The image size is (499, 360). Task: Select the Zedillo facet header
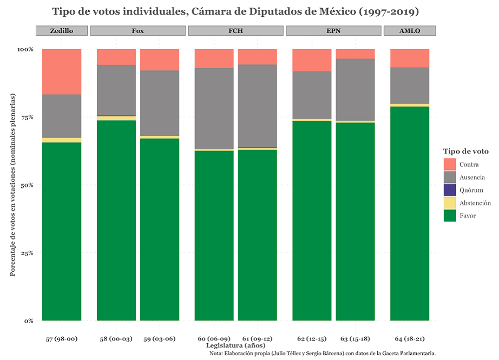point(61,30)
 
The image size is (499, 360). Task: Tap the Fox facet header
point(137,30)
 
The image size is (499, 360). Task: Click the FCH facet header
point(235,30)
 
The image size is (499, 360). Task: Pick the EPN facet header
point(333,30)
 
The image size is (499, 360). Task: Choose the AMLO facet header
point(410,30)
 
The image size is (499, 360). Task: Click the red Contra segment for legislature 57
point(62,71)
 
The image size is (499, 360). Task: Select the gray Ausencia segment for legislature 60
point(214,108)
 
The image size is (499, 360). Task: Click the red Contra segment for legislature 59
point(160,60)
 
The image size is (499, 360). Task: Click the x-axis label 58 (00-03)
point(116,339)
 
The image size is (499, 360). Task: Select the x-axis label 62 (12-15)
point(312,339)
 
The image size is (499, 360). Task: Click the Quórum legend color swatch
point(450,190)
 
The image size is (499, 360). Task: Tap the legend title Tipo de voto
point(465,151)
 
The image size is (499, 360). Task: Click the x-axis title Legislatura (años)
point(235,345)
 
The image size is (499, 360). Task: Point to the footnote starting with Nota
point(323,353)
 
